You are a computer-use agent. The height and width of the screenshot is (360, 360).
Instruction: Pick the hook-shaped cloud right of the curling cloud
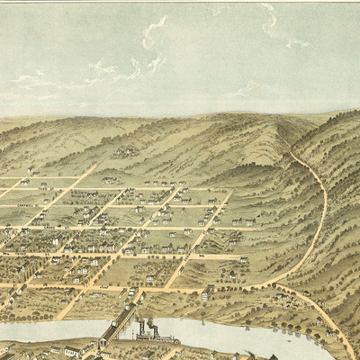click(269, 20)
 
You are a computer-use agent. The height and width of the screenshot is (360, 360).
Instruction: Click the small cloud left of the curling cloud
click(101, 67)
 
